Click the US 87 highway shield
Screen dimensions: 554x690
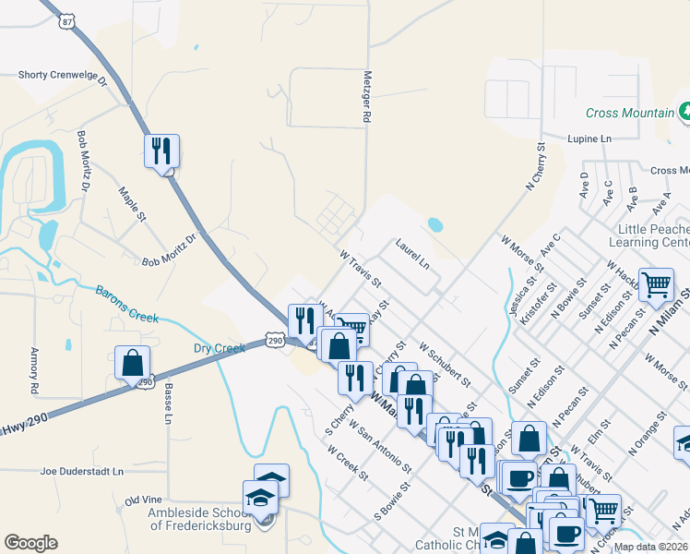pos(65,19)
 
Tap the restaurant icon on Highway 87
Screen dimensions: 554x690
pos(161,150)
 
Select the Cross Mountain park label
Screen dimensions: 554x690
pos(629,114)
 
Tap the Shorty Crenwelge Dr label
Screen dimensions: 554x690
pos(64,77)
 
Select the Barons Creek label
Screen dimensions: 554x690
pos(128,303)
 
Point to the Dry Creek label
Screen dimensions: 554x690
pos(219,348)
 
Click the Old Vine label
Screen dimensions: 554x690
pos(143,500)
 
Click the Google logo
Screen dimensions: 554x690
pos(30,543)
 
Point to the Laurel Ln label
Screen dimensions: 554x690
pos(412,254)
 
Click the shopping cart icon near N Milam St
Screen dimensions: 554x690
pos(656,284)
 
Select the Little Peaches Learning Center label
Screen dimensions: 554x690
pos(648,235)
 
